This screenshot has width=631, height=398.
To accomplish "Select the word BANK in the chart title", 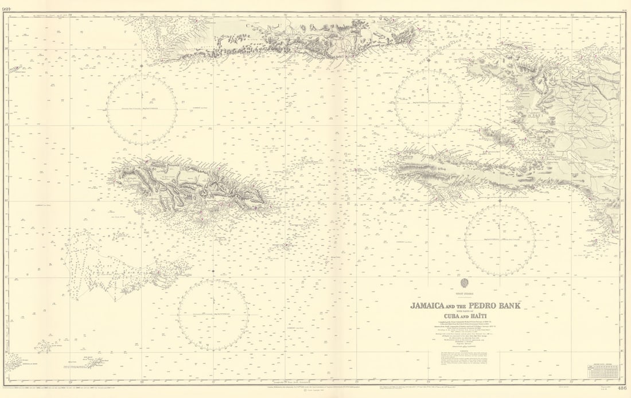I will [x=510, y=306].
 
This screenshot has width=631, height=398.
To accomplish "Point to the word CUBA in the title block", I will [x=451, y=315].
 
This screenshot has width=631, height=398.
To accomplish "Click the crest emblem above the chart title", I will [x=465, y=283].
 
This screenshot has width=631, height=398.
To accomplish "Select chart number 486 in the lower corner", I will [x=622, y=388].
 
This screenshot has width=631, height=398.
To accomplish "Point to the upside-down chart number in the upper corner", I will [x=8, y=7].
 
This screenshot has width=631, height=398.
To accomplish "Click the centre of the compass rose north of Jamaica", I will [x=142, y=108].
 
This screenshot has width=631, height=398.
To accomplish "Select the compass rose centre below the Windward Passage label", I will [x=429, y=103].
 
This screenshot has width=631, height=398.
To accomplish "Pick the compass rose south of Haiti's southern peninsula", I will [x=500, y=239].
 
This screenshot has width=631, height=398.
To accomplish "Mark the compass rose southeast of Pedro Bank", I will [x=213, y=315].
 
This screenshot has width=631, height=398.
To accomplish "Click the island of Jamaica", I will [x=189, y=186].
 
